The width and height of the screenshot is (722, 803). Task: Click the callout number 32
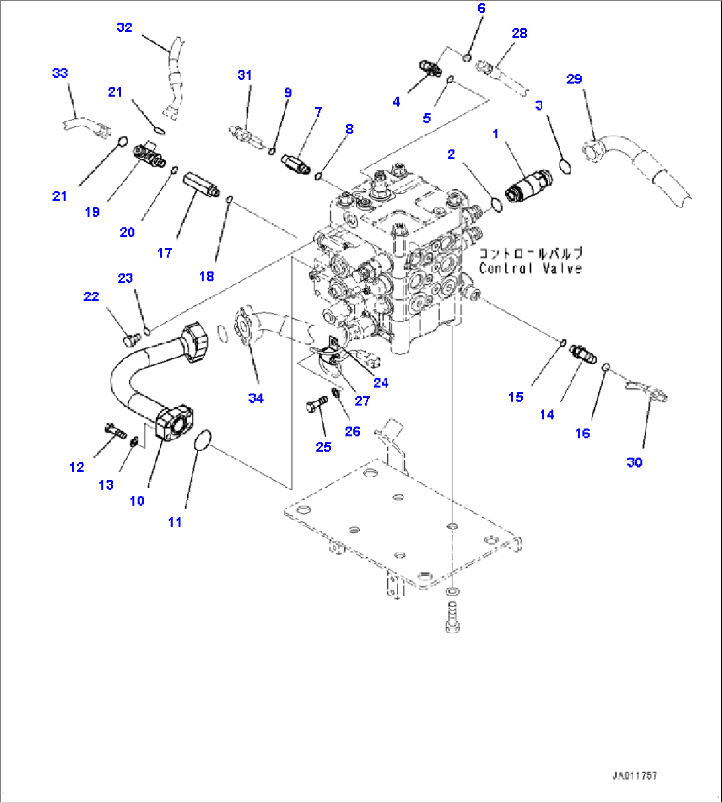(x=125, y=27)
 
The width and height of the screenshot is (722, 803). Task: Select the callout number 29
(x=574, y=79)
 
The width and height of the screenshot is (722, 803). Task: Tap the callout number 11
(x=174, y=522)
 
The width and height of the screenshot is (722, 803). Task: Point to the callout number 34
(x=256, y=398)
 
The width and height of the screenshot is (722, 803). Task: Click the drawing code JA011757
(x=634, y=775)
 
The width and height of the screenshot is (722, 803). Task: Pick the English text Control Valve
(x=530, y=268)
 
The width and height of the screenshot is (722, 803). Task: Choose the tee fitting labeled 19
(x=150, y=154)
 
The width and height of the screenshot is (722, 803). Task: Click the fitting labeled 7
(x=295, y=163)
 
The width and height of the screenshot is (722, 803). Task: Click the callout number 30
(x=634, y=462)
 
